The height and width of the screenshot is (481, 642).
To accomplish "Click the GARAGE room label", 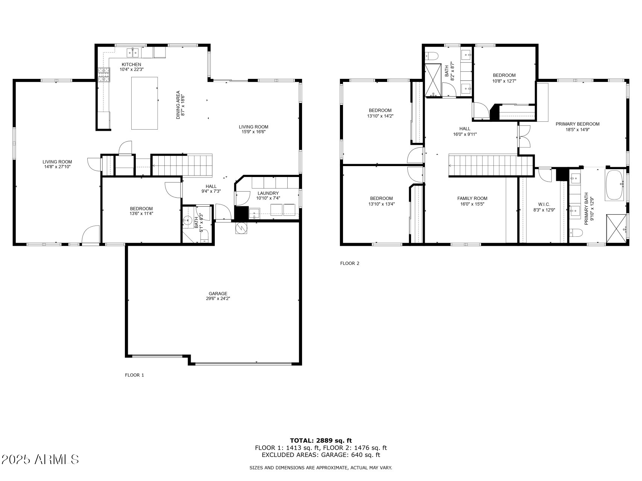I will click(x=218, y=293).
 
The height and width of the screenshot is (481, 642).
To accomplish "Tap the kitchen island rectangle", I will click(x=144, y=103).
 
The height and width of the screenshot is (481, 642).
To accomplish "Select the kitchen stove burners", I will click(x=104, y=74).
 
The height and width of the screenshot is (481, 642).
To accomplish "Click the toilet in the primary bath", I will click(x=576, y=233).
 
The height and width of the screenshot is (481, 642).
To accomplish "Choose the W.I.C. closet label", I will click(x=544, y=204).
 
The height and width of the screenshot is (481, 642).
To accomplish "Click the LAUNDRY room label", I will click(x=268, y=193).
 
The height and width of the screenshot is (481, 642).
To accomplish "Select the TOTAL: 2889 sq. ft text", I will click(x=321, y=440).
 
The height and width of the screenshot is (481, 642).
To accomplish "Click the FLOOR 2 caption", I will click(x=350, y=263).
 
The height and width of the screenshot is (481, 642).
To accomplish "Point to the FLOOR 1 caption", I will click(x=134, y=375).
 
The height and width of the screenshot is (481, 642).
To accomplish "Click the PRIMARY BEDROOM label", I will click(x=577, y=124).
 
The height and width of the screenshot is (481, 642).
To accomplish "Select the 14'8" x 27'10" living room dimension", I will click(x=57, y=167).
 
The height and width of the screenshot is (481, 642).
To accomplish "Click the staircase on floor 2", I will click(x=491, y=165).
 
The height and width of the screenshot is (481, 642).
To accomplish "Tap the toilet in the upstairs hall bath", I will click(x=432, y=56).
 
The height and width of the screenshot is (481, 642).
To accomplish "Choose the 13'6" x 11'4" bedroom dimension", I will click(x=141, y=213).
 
